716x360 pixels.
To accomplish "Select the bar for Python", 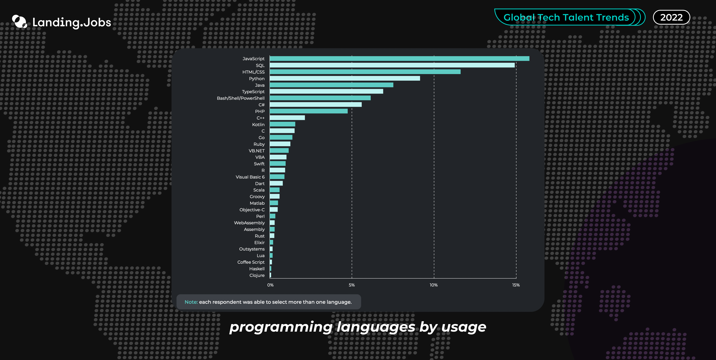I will (x=345, y=78).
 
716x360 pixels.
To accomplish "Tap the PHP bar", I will (x=309, y=111).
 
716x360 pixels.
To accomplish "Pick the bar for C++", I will (x=287, y=118).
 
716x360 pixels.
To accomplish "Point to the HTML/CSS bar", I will (x=365, y=72).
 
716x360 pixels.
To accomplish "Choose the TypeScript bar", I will (x=326, y=91).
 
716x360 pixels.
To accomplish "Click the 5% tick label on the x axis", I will (x=352, y=285).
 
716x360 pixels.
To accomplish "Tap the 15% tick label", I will (x=516, y=285).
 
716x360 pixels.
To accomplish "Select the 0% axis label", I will (x=270, y=285).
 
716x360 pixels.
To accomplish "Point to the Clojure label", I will (x=257, y=275).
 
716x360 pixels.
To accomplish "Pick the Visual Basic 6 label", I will (x=250, y=177).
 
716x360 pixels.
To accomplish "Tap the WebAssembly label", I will (x=249, y=223).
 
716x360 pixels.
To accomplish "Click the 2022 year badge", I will (x=671, y=17).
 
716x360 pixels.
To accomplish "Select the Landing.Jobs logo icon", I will (x=19, y=22).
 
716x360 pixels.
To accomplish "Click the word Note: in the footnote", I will (x=191, y=302).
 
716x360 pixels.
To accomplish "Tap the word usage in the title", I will (x=464, y=327).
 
